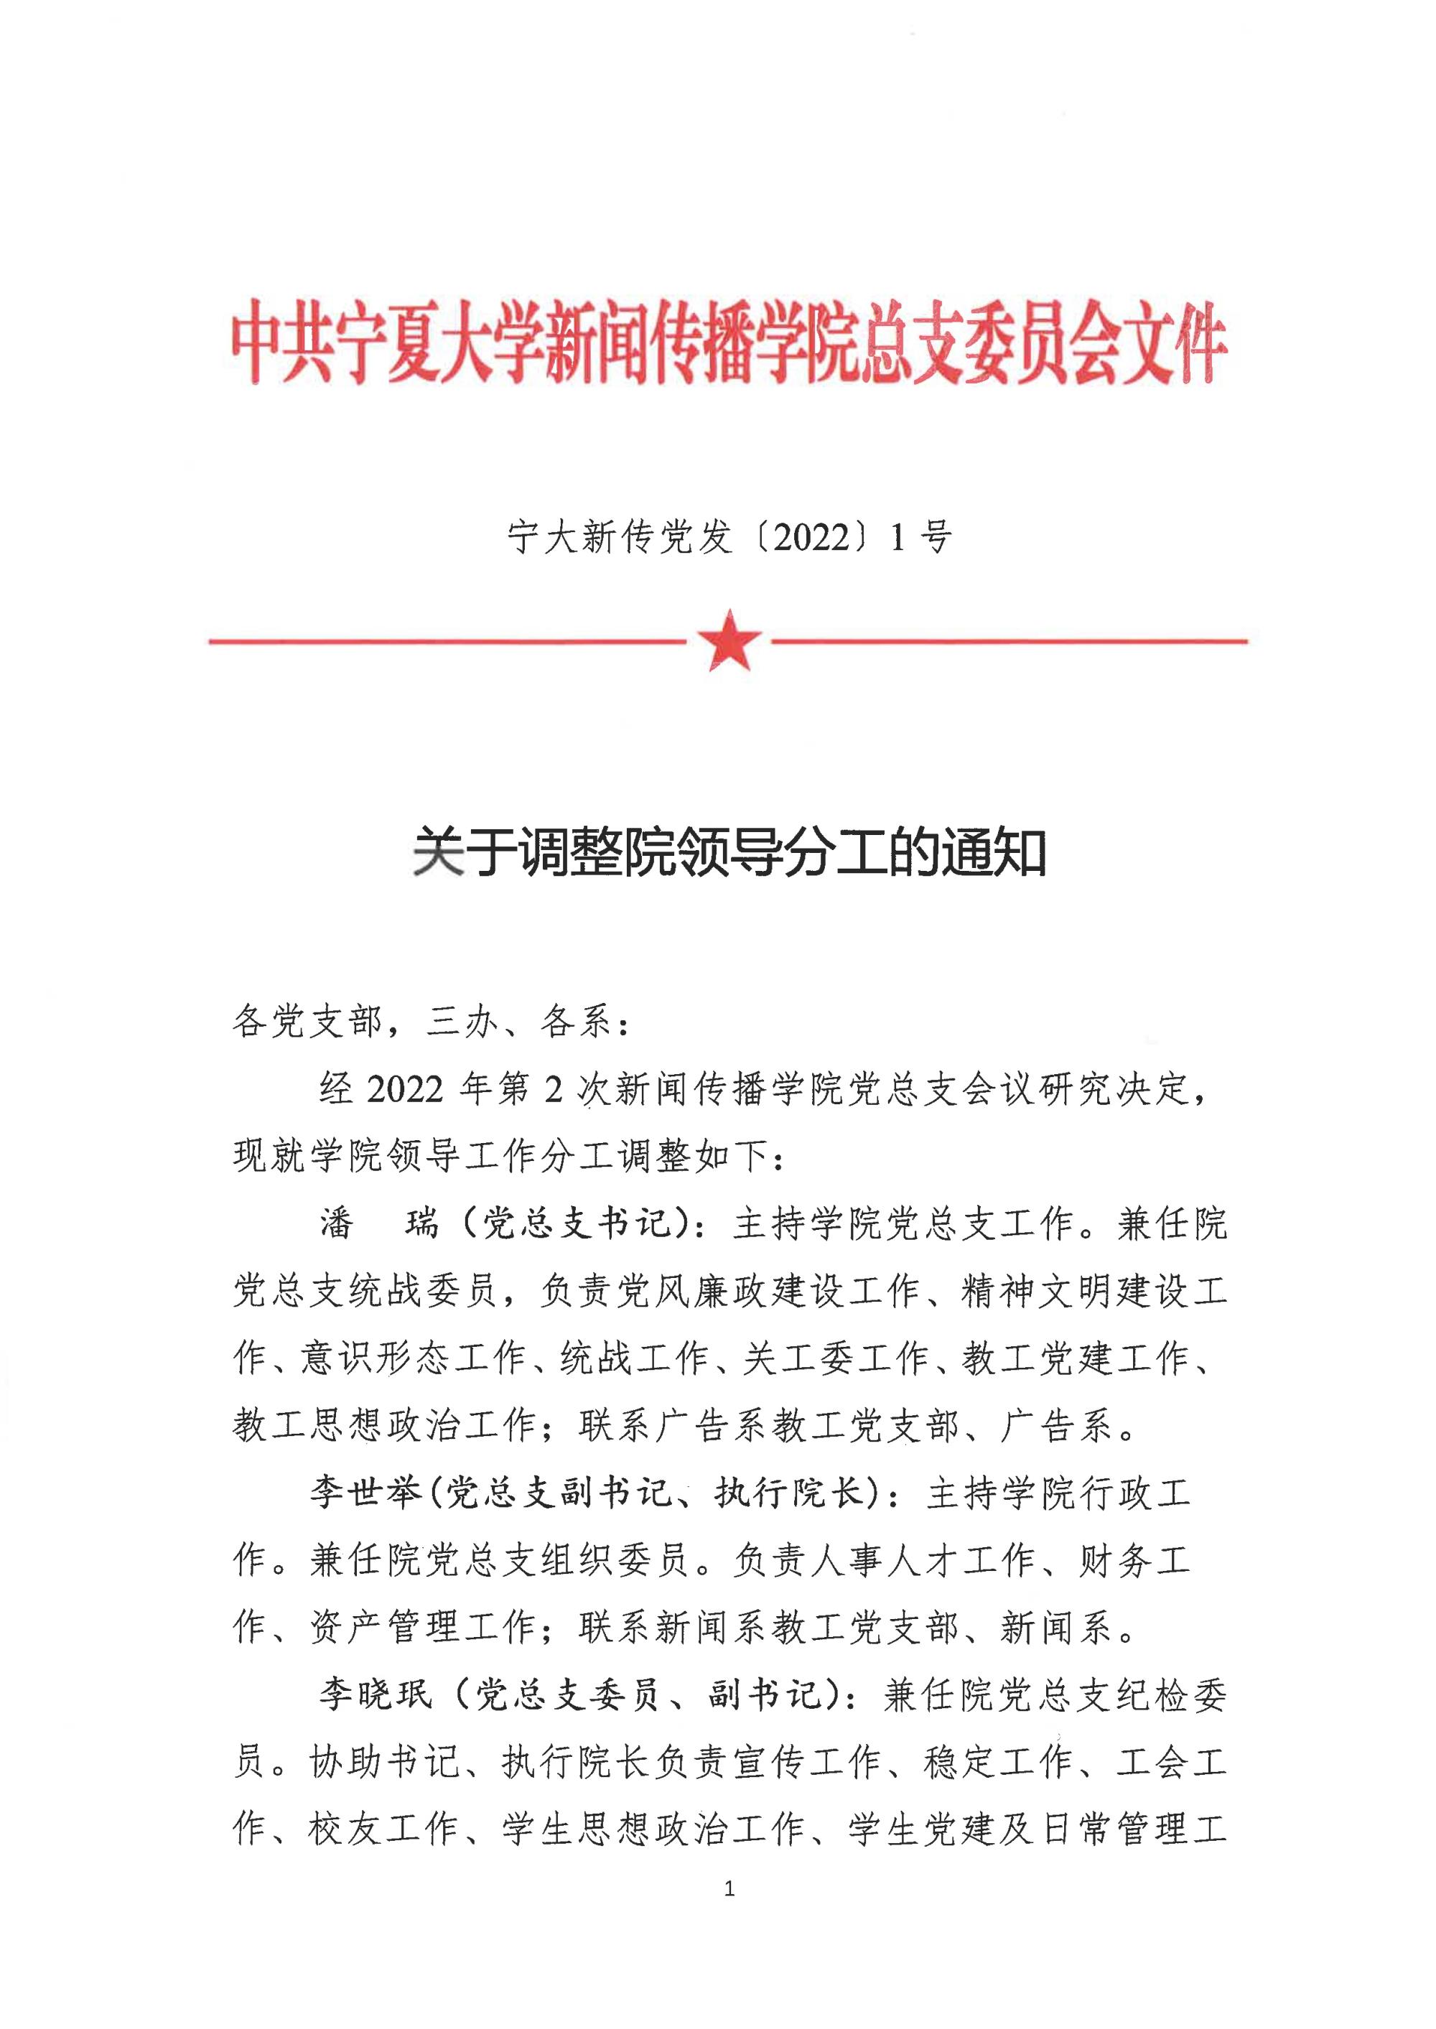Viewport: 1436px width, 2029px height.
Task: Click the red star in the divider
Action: point(729,639)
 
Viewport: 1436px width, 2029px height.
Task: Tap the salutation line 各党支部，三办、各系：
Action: point(432,1022)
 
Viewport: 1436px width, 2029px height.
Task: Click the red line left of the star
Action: point(447,641)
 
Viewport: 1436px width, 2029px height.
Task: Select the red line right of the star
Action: point(1008,640)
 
